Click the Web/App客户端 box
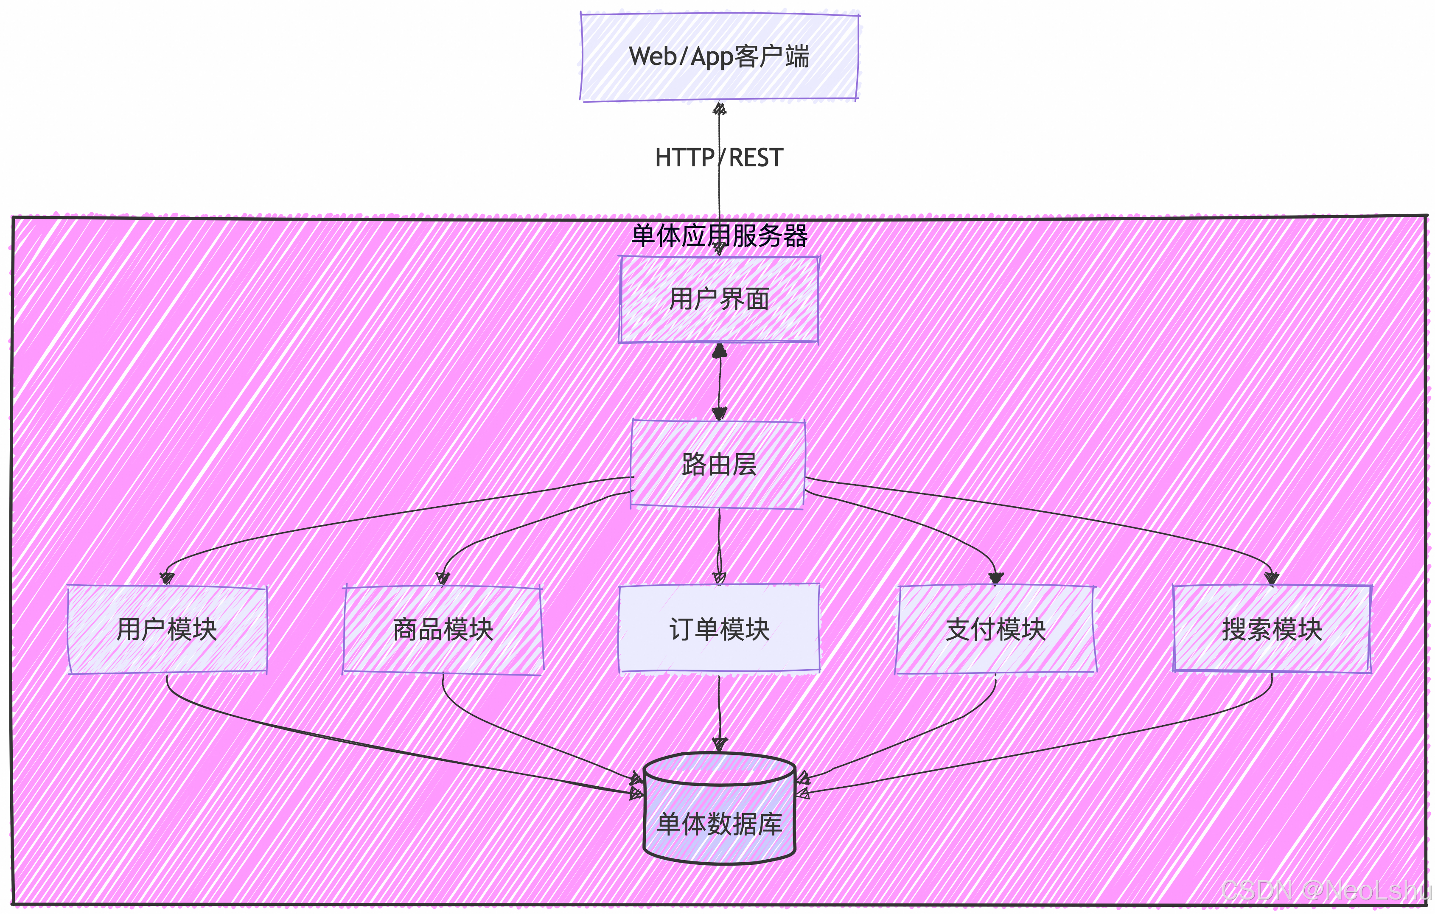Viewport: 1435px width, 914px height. pyautogui.click(x=719, y=56)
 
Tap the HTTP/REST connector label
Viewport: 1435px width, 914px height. pyautogui.click(x=719, y=158)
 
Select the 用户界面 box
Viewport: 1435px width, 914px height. pyautogui.click(x=719, y=299)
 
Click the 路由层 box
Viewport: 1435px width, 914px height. pyautogui.click(x=719, y=464)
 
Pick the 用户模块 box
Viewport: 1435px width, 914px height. pyautogui.click(x=168, y=629)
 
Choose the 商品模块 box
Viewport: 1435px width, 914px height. pyautogui.click(x=443, y=629)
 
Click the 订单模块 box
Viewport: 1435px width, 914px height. pyautogui.click(x=719, y=629)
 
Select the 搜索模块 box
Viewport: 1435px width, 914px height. pyautogui.click(x=1272, y=629)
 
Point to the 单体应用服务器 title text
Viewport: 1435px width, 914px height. pyautogui.click(x=719, y=236)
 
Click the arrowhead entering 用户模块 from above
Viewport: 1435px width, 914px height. pyautogui.click(x=168, y=578)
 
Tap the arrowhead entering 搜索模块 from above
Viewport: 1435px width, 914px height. pyautogui.click(x=1272, y=578)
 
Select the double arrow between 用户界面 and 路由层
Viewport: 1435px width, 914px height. pyautogui.click(x=719, y=381)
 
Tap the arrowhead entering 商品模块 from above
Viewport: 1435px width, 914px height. pyautogui.click(x=443, y=578)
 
